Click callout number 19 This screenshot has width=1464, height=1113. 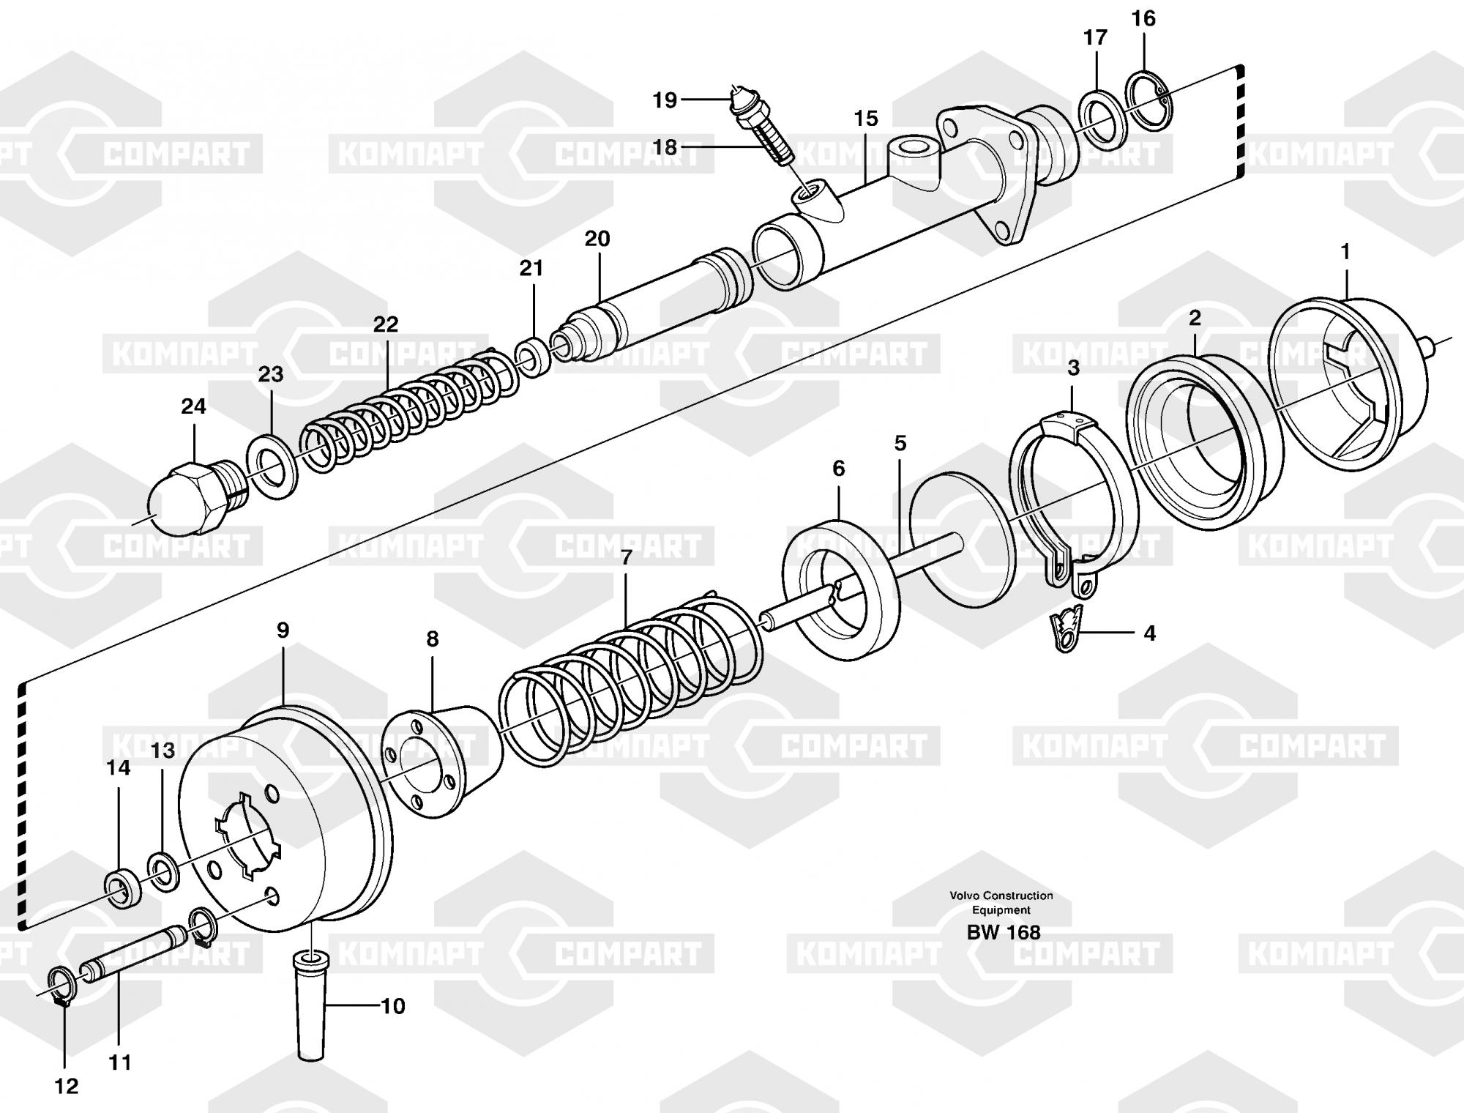[x=665, y=100]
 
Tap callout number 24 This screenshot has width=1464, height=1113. [x=193, y=406]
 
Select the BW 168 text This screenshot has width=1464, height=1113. [x=1004, y=932]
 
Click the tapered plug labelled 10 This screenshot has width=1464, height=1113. [x=313, y=1002]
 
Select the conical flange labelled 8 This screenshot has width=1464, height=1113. [x=441, y=759]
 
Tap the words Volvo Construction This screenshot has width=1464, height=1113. [x=1001, y=896]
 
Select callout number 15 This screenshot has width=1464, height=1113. [x=865, y=119]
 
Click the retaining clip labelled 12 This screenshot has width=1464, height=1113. [x=59, y=986]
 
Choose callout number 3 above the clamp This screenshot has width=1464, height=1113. [x=1073, y=368]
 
